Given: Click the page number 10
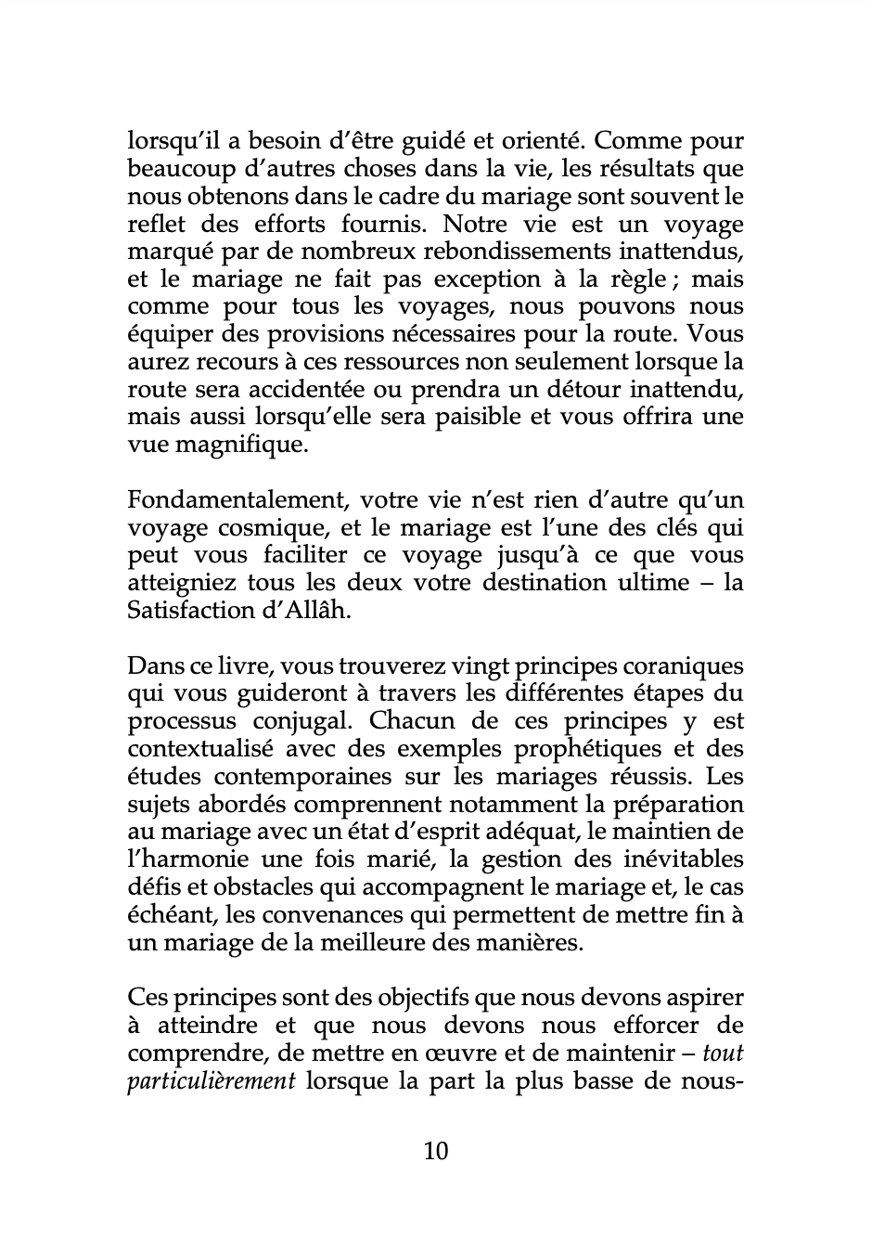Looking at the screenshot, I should [x=435, y=1152].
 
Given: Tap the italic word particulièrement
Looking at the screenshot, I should [x=211, y=1081].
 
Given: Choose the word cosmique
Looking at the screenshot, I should [x=257, y=528].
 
